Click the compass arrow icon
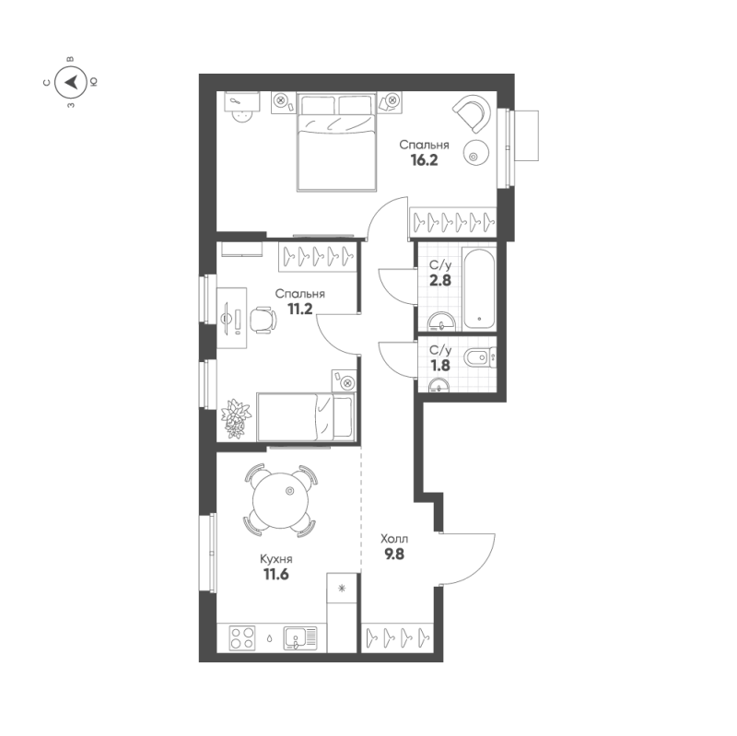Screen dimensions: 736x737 click(71, 83)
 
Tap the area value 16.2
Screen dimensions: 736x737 click(425, 159)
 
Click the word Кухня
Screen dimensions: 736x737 click(276, 558)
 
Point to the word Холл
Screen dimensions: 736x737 click(394, 539)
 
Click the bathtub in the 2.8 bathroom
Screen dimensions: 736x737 click(480, 286)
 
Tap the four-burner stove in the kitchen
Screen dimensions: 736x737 click(242, 637)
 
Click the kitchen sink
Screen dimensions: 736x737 click(300, 637)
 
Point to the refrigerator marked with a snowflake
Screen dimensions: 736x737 click(343, 588)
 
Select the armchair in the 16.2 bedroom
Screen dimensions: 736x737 click(472, 115)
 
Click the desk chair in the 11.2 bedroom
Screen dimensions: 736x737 click(262, 319)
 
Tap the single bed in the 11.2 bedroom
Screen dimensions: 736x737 click(305, 416)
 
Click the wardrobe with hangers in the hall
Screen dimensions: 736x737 click(397, 636)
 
